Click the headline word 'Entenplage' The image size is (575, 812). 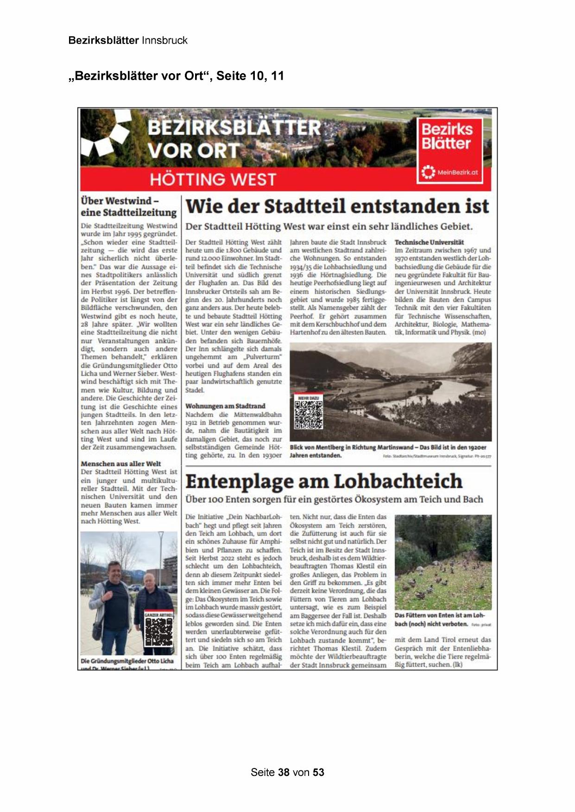240,482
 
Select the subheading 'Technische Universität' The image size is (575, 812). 429,242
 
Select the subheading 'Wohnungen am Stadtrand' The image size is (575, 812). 225,406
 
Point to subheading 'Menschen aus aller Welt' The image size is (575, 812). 121,464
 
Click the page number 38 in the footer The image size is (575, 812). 284,772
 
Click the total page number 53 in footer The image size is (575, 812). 318,772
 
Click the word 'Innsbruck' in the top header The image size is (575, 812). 164,40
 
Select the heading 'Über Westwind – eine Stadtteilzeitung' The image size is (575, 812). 128,206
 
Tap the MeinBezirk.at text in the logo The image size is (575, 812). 457,173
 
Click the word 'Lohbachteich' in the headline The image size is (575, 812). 398,482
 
